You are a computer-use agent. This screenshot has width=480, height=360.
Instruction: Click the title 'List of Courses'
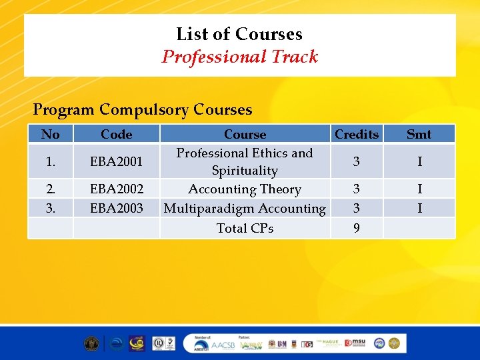click(239, 34)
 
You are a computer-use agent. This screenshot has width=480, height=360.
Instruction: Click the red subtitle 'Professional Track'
click(239, 57)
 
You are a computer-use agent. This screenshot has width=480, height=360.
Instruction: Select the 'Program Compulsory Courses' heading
click(143, 109)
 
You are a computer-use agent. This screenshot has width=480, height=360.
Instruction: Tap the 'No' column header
click(50, 134)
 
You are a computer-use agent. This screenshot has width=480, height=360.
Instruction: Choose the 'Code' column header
click(116, 134)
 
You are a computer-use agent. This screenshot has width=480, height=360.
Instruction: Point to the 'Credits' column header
click(357, 134)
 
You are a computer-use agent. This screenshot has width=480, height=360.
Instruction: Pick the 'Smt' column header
click(419, 134)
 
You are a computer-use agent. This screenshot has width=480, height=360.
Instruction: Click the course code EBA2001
click(116, 162)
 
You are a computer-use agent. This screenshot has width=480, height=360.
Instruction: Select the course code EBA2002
click(116, 189)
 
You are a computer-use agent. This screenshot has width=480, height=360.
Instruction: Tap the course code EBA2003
click(116, 208)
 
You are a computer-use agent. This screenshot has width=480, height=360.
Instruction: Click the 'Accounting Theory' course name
click(245, 189)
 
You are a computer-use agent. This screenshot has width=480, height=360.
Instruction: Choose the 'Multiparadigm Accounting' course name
click(245, 208)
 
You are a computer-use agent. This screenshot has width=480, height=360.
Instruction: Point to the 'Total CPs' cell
click(245, 228)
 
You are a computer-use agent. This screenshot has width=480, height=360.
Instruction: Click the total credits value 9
click(357, 228)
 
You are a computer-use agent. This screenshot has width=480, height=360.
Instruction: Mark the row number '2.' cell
click(50, 189)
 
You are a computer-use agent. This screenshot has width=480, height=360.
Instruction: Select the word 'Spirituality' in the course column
click(245, 171)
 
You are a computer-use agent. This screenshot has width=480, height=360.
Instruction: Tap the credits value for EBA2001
click(357, 162)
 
